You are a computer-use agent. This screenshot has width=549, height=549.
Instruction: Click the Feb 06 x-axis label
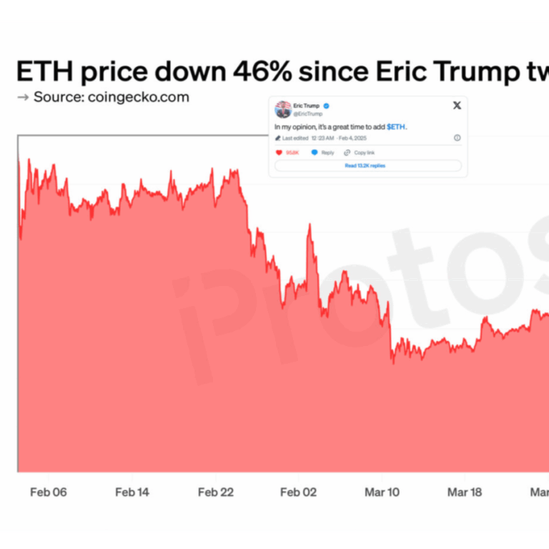(x=49, y=492)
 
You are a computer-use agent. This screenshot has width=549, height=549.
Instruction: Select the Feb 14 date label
(x=132, y=492)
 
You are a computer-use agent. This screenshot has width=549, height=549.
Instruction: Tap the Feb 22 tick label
(x=216, y=492)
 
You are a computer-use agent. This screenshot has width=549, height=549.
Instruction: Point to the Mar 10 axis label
(x=382, y=492)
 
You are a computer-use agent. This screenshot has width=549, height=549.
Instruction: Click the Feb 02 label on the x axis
(x=299, y=492)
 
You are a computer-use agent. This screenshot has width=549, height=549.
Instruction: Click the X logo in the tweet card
(x=457, y=106)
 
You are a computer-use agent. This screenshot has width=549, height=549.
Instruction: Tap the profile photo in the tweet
(x=282, y=109)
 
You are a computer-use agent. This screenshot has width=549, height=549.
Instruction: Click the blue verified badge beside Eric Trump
(x=326, y=105)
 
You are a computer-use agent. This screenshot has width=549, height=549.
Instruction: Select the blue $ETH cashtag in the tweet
(x=397, y=127)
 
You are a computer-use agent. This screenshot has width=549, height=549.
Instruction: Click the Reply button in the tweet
(x=323, y=152)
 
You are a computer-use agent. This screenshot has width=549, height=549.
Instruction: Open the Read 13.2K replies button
(x=365, y=165)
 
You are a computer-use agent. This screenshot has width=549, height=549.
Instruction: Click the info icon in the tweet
(x=457, y=138)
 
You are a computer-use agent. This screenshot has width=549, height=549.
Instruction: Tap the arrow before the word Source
(x=22, y=97)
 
